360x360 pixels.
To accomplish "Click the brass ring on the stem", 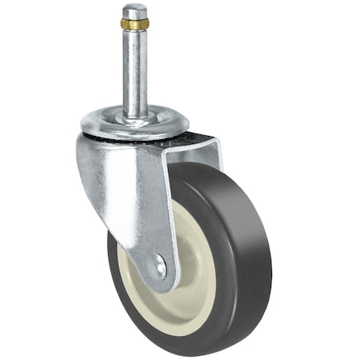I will pyautogui.click(x=134, y=24).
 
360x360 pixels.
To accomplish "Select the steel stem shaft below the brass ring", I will pyautogui.click(x=134, y=72).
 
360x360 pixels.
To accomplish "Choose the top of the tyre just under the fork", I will pyautogui.click(x=200, y=170).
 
